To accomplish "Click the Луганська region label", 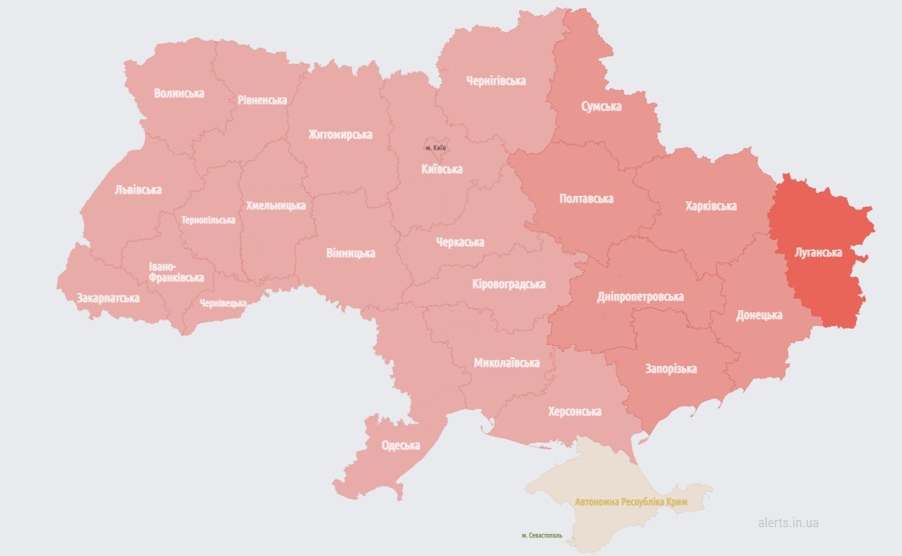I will tap(818, 253).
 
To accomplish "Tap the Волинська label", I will tap(179, 94).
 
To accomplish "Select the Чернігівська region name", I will tap(496, 81).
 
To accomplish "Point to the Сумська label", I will tap(601, 107).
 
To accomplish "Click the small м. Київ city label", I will tap(436, 148).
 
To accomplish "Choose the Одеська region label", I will tap(401, 446).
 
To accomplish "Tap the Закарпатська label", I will tap(108, 298).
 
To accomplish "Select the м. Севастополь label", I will tap(541, 535).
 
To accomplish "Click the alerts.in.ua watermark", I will tap(788, 523).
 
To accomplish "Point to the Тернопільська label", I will tap(208, 220).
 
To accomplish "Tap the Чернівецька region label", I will tap(222, 303).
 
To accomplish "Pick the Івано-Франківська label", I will tap(176, 272).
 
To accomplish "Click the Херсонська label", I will tap(574, 412).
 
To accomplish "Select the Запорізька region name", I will tap(671, 368).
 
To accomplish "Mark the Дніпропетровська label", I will tap(640, 297).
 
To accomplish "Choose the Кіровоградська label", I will tap(508, 284).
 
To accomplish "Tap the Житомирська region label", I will tap(340, 135).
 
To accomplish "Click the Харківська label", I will tap(711, 206).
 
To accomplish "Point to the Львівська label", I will tap(138, 190).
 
